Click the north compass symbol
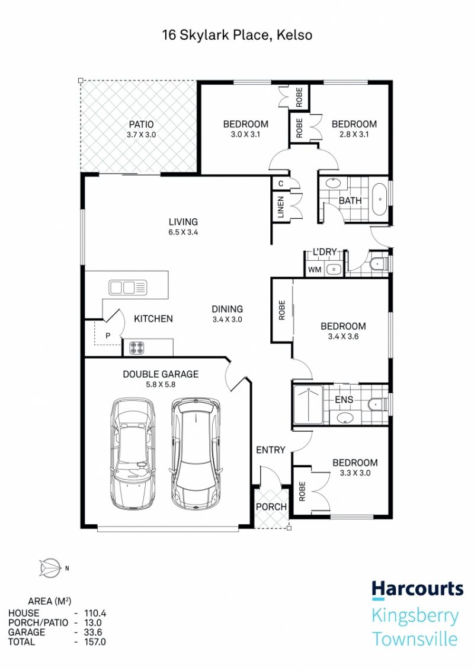(x=50, y=568)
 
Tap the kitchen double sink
(x=127, y=288)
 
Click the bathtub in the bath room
(x=379, y=199)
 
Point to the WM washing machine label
(x=314, y=270)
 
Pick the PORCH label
(x=271, y=507)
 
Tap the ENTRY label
(x=270, y=450)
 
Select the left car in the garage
(x=132, y=454)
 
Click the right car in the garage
(x=196, y=454)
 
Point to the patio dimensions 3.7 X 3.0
(x=142, y=135)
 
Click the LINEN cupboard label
(x=281, y=208)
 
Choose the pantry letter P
(x=108, y=336)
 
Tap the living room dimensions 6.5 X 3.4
(x=183, y=232)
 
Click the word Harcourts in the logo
(x=417, y=589)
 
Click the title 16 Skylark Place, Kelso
(x=237, y=35)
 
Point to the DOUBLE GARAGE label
(x=161, y=374)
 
